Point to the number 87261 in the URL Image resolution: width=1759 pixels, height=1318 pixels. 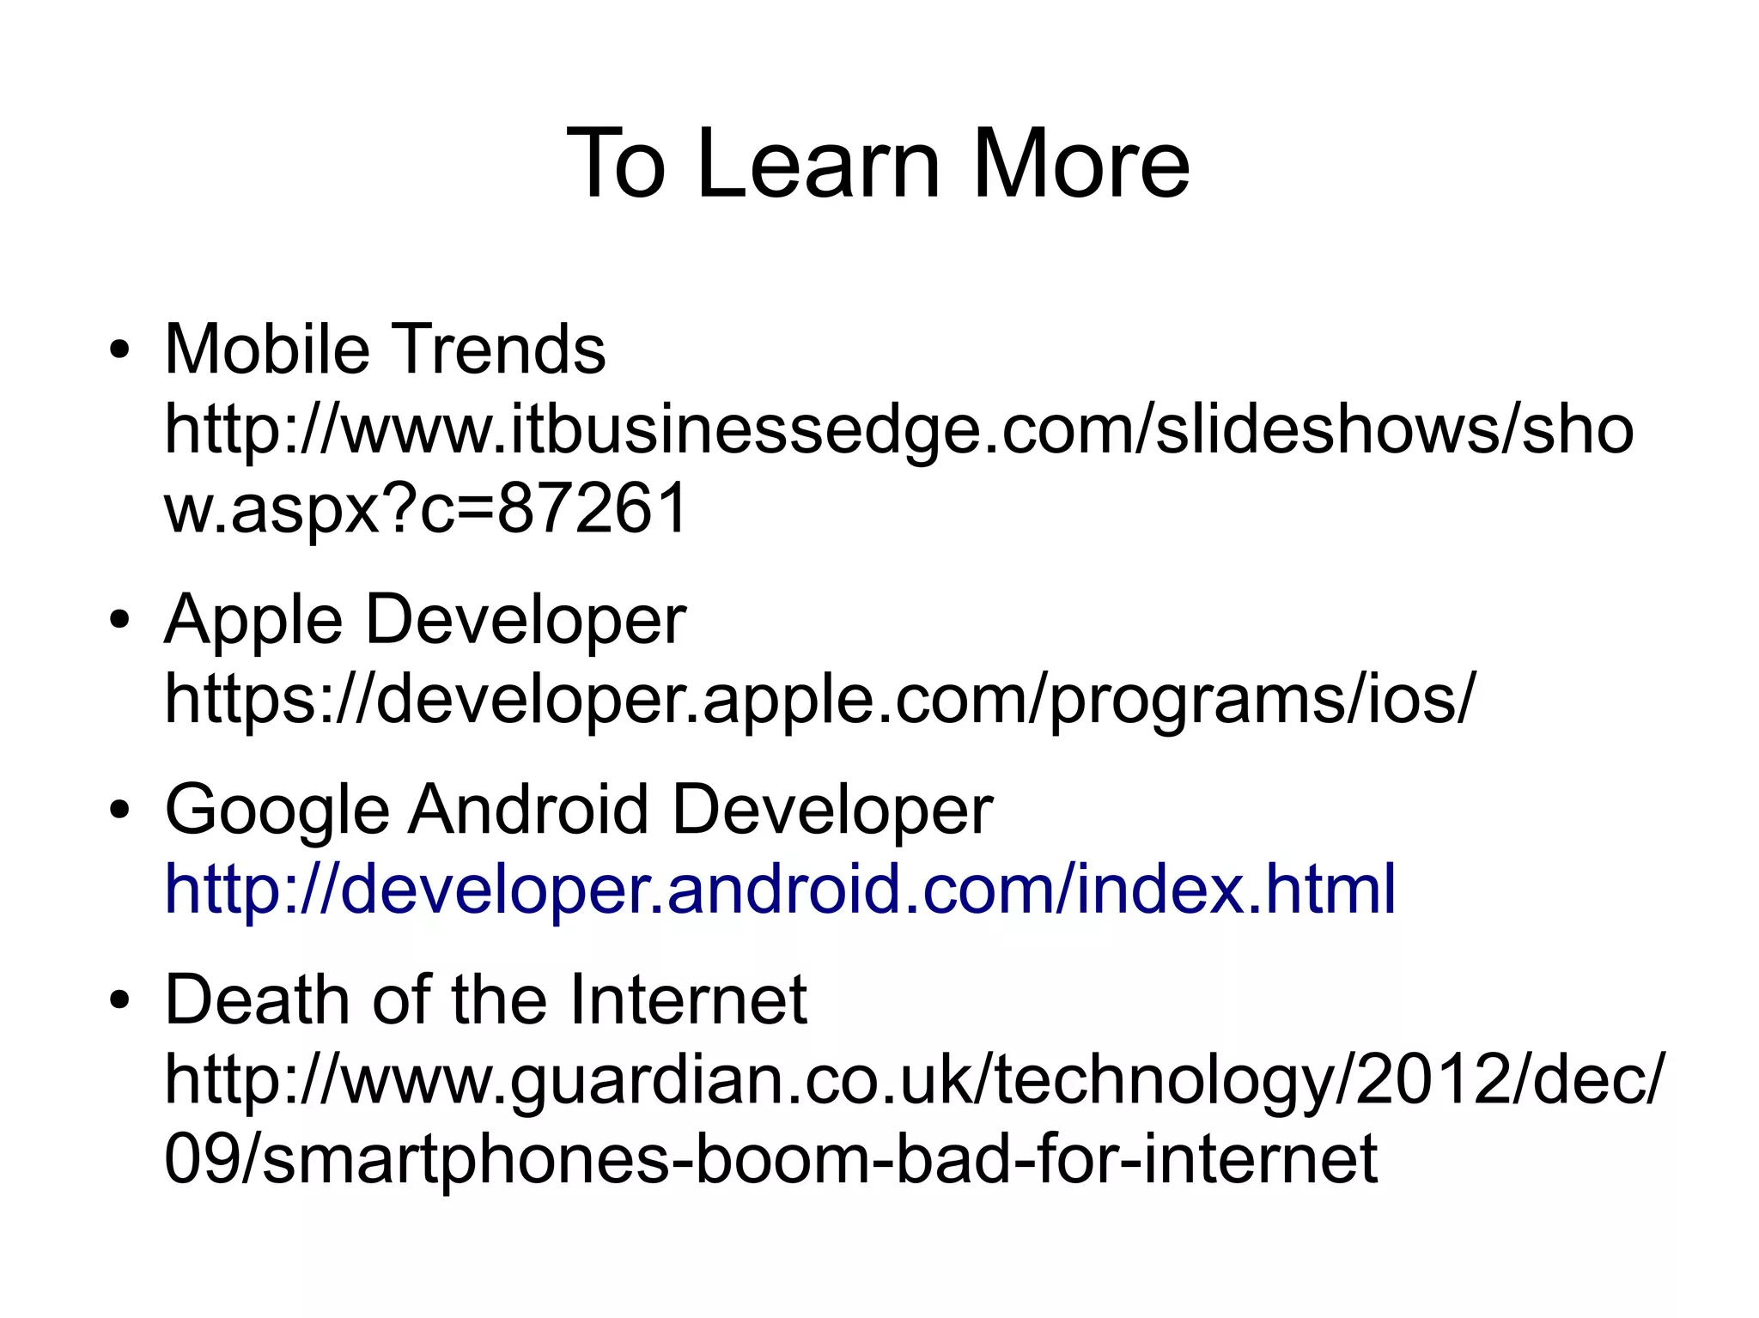[x=593, y=507]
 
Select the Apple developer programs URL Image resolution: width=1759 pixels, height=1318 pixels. [x=819, y=699]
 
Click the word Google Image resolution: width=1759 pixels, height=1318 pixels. [x=277, y=810]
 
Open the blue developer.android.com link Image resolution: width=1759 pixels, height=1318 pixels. [x=779, y=889]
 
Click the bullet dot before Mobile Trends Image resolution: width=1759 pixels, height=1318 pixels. [x=119, y=351]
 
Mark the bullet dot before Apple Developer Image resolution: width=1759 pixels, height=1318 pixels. [x=119, y=620]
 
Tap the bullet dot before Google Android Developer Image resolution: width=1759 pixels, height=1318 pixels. [x=119, y=810]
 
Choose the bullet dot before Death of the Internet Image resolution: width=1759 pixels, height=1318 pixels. [x=119, y=1000]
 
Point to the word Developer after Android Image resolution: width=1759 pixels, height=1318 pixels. [x=832, y=810]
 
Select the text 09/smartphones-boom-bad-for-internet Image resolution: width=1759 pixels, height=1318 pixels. [x=770, y=1158]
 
